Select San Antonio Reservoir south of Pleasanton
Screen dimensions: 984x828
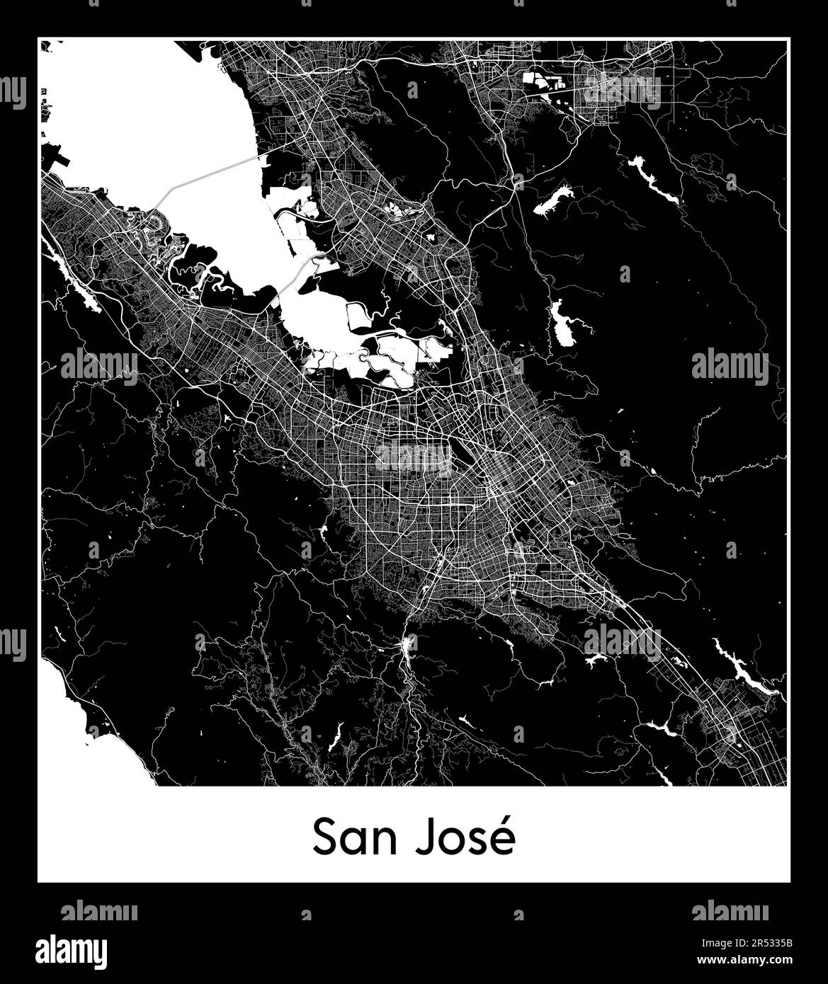[x=554, y=198]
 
